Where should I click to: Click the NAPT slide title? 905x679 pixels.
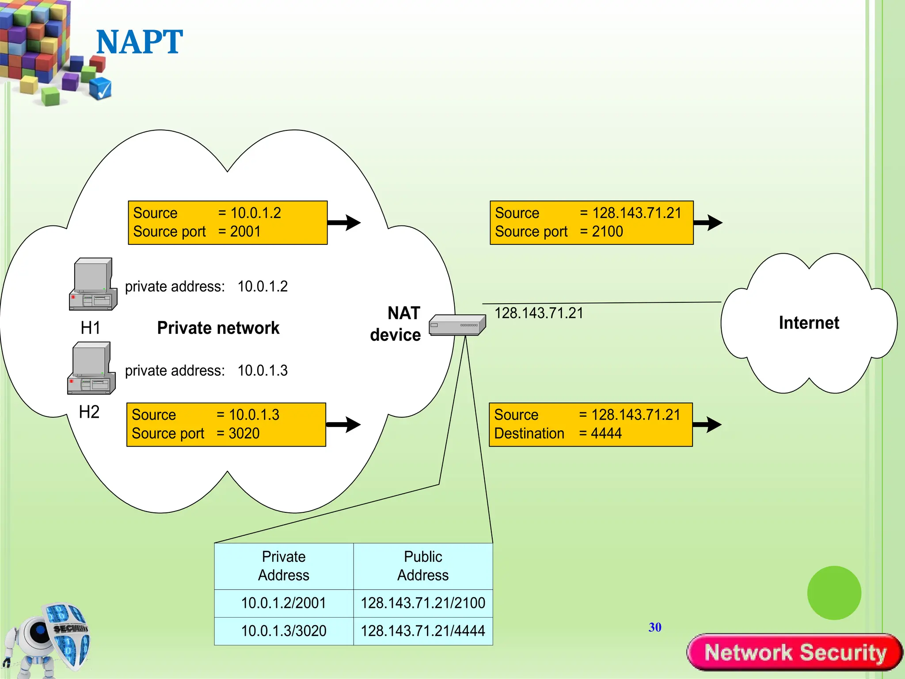(139, 42)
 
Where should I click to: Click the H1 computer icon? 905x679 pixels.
(93, 284)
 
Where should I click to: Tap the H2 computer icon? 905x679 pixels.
(91, 368)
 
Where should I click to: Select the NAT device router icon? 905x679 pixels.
(457, 325)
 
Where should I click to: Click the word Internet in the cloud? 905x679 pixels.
(809, 323)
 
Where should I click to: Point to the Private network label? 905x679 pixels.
(218, 328)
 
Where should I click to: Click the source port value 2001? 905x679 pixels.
(245, 232)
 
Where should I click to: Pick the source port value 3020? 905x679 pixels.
(244, 434)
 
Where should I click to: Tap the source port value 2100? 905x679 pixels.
(607, 232)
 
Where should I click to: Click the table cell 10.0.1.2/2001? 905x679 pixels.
(283, 603)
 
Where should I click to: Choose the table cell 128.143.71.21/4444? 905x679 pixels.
(423, 631)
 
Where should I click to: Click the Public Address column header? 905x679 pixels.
(423, 566)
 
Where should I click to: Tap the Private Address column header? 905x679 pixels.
(283, 566)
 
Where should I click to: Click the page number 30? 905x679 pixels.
(655, 627)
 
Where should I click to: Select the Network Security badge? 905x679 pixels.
(795, 652)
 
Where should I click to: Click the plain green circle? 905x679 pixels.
(834, 593)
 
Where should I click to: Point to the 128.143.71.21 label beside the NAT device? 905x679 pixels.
(539, 313)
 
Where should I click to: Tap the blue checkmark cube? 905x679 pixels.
(101, 88)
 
